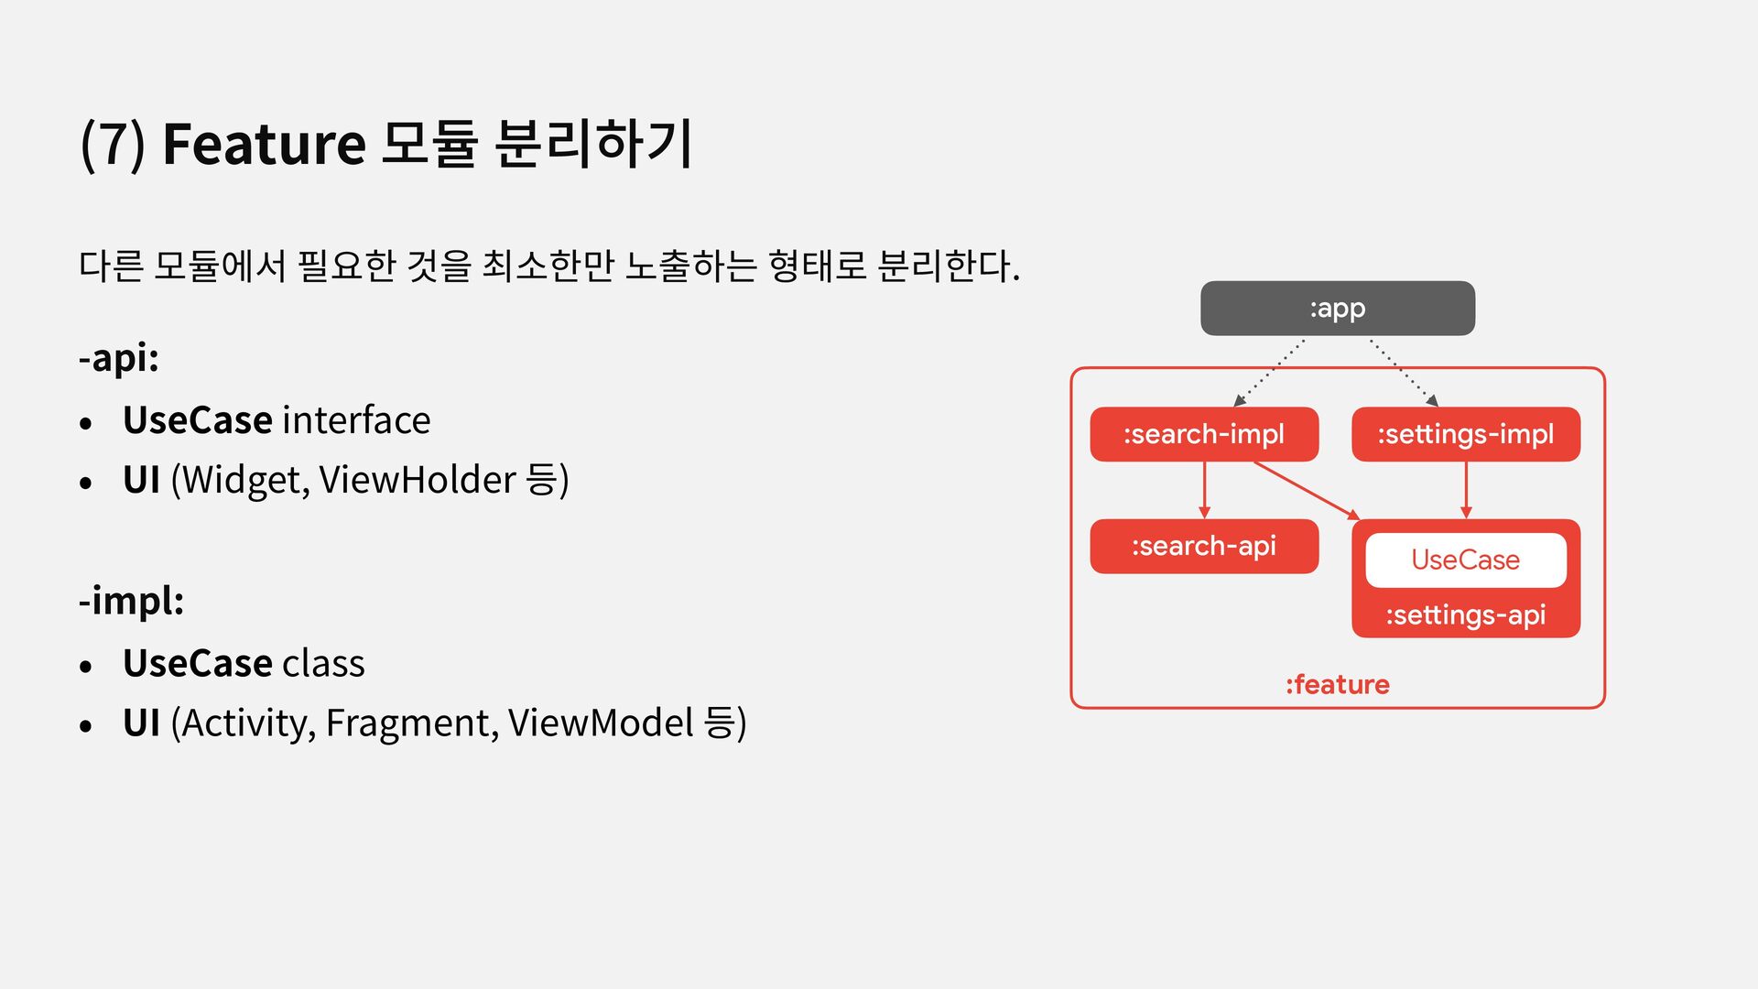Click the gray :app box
point(1337,309)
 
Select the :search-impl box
point(1203,434)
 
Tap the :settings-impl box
point(1465,434)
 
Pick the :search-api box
point(1203,547)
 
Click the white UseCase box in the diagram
point(1465,560)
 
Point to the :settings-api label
point(1465,615)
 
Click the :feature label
point(1337,685)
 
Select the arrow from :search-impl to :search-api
point(1204,490)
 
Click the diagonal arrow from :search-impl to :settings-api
point(1305,490)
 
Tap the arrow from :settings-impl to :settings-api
point(1466,490)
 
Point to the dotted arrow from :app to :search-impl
point(1270,372)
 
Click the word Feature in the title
point(264,145)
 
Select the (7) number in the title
point(113,145)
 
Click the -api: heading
point(119,357)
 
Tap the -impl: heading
point(132,601)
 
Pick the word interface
point(356,420)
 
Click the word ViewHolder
point(418,480)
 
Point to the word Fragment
point(412,723)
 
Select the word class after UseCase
point(323,664)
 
